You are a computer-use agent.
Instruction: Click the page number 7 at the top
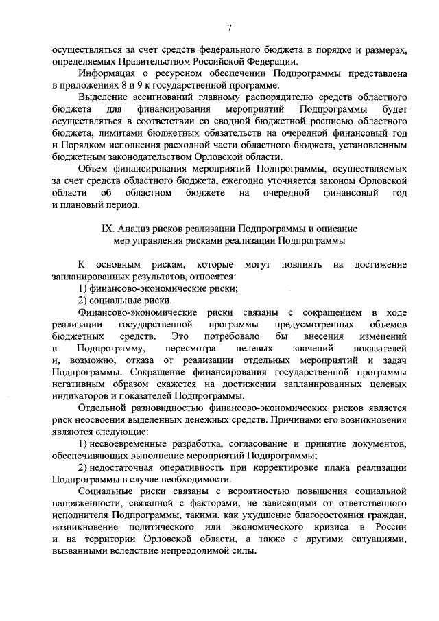point(229,27)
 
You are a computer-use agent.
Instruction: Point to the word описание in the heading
point(336,229)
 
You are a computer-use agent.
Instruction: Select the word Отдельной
point(103,408)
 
